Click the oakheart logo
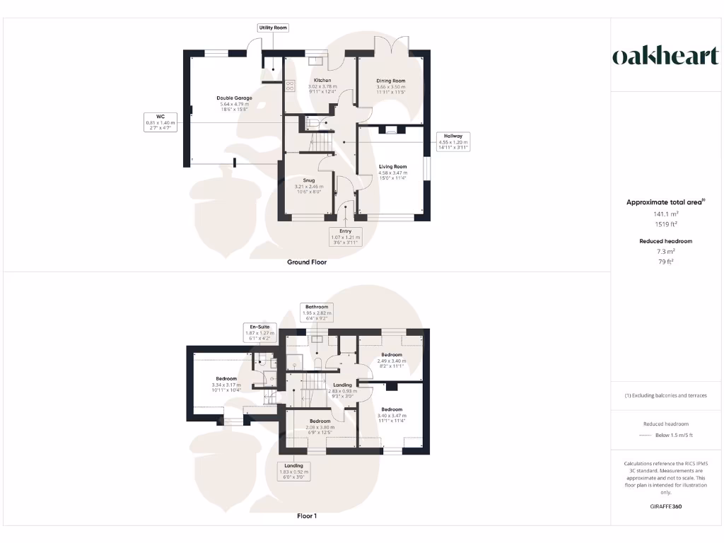coord(665,57)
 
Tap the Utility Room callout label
coord(273,28)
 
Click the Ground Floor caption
coord(307,262)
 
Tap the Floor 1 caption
coord(307,516)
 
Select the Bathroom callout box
coord(317,313)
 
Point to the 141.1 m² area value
coord(665,214)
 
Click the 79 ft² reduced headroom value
coord(665,262)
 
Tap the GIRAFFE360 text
coord(665,506)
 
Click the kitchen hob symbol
coord(290,87)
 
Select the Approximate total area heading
coord(665,202)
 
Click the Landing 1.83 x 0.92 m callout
coord(293,471)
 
